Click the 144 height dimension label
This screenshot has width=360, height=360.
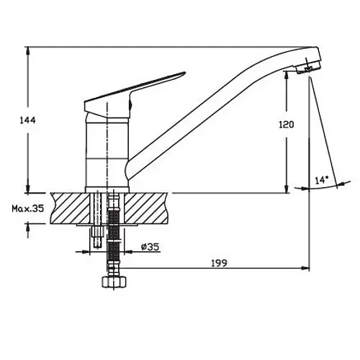click(x=27, y=120)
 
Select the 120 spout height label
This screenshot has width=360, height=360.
click(x=287, y=125)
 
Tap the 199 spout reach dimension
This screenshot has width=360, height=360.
click(x=219, y=263)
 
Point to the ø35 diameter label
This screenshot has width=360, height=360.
click(x=150, y=247)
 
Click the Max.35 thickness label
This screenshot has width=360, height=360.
click(x=28, y=209)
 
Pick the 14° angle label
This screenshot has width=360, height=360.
click(x=322, y=180)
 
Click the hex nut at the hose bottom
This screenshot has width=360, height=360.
click(x=114, y=282)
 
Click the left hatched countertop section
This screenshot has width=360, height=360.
click(x=70, y=208)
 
